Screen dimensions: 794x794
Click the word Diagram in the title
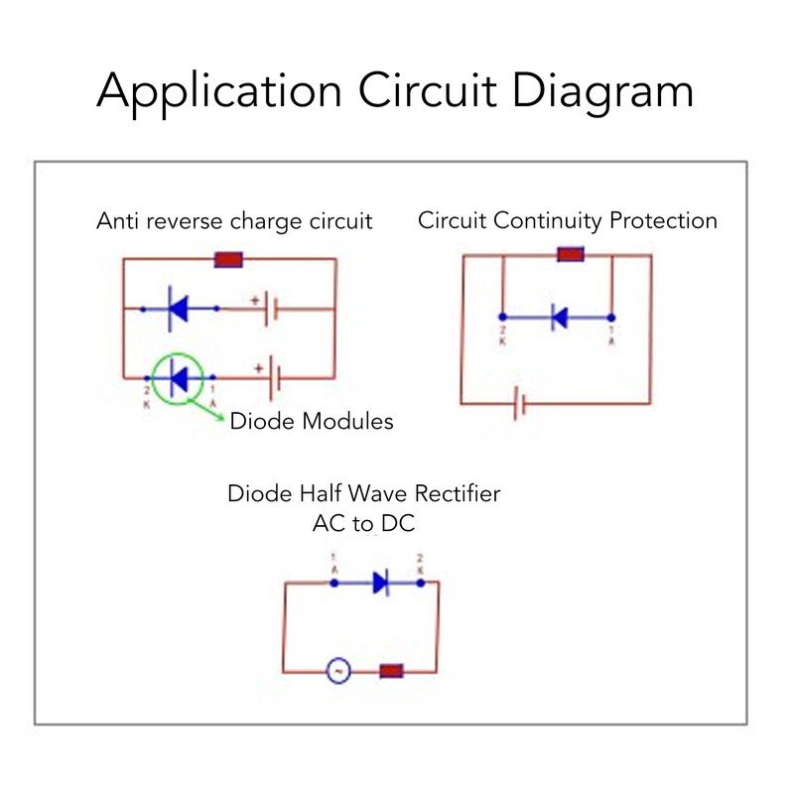[x=586, y=92]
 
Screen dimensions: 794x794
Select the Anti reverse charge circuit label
[x=234, y=221]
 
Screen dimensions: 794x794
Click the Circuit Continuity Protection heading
[x=568, y=220]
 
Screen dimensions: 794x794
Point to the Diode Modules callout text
[x=312, y=422]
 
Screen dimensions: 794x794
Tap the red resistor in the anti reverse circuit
[x=229, y=260]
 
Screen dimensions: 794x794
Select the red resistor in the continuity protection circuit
[x=570, y=255]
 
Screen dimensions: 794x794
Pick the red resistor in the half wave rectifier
[x=391, y=672]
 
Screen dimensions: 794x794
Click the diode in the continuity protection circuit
[x=558, y=318]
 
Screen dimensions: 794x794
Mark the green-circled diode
[x=179, y=377]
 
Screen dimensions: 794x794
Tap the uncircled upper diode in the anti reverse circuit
[x=179, y=309]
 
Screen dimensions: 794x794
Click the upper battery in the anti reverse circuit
[x=269, y=309]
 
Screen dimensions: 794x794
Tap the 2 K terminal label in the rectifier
[x=422, y=563]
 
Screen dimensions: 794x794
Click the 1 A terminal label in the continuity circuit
[x=610, y=334]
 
